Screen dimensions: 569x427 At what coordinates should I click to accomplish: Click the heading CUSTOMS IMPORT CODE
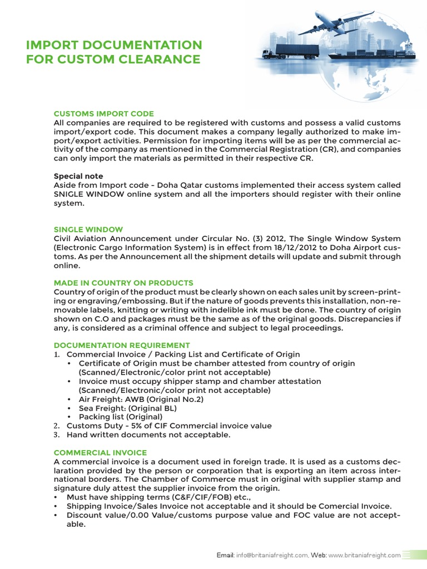103,113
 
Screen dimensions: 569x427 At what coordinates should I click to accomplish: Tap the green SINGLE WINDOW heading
88,229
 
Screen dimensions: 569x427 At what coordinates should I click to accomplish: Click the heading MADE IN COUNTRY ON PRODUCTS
123,283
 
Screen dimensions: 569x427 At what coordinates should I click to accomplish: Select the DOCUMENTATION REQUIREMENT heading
122,345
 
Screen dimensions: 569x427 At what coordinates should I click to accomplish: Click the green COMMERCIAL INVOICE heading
100,453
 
